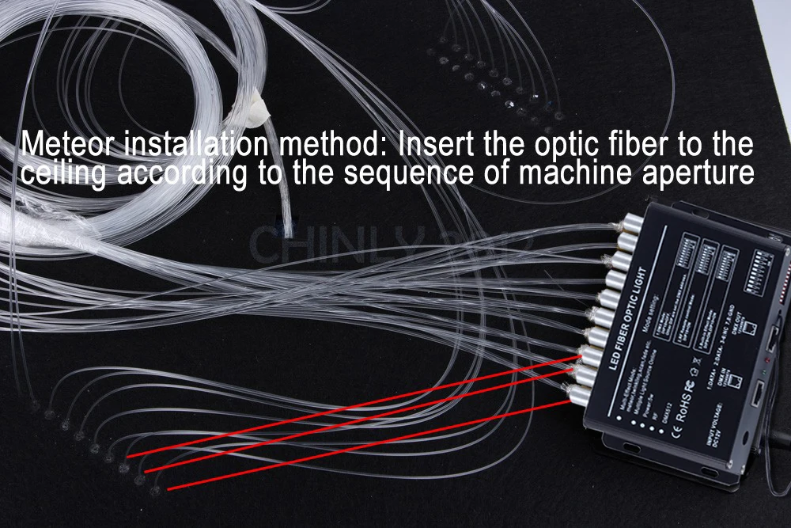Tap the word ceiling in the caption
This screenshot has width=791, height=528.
[x=62, y=173]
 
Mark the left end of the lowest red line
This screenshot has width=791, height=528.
[x=168, y=488]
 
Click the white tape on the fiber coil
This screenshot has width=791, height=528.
[x=255, y=104]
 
